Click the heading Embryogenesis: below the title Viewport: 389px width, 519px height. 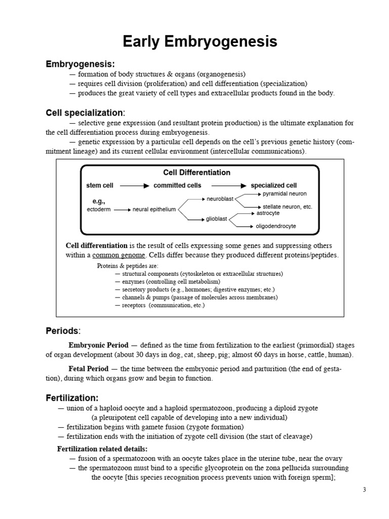coord(80,64)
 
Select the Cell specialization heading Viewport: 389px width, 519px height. coord(85,113)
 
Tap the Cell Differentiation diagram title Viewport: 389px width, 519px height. coord(197,173)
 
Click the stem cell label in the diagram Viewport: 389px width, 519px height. coord(100,186)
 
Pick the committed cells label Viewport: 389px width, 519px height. coord(177,186)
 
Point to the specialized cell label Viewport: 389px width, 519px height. coord(274,186)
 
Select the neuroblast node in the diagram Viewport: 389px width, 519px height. coord(220,199)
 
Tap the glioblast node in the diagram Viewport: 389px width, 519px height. coord(217,219)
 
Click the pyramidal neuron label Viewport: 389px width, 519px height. coord(285,194)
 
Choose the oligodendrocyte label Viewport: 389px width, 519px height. coord(276,226)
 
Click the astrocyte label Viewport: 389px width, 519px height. coord(268,213)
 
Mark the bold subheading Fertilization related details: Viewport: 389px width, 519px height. coord(102,449)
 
